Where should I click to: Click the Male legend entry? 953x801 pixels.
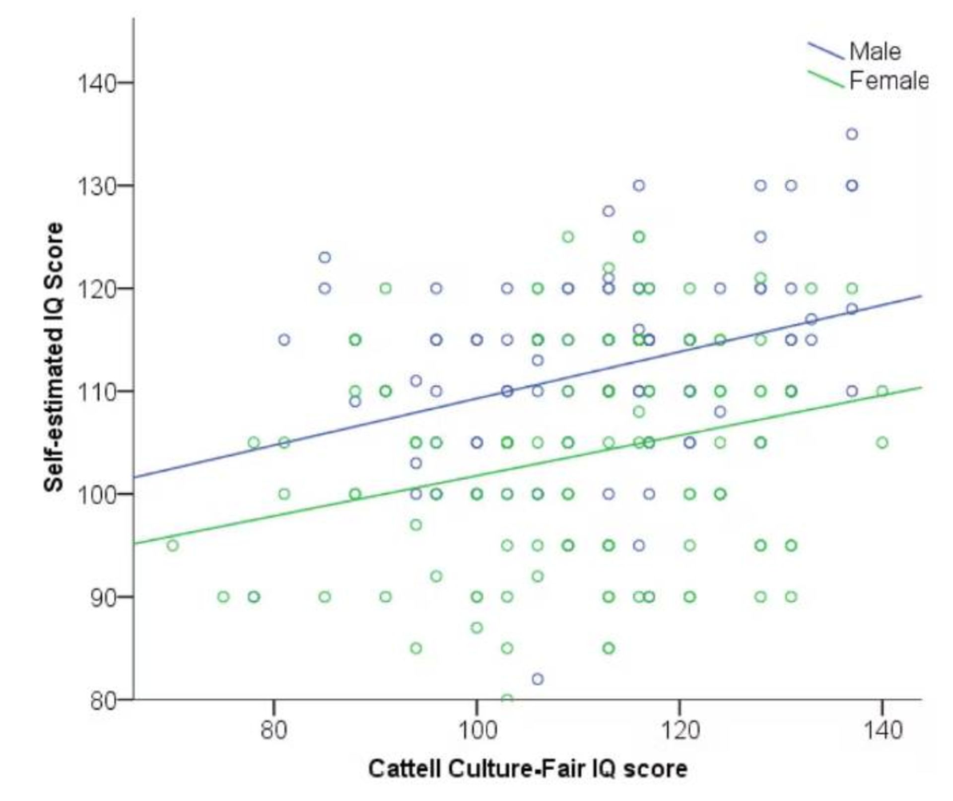[875, 52]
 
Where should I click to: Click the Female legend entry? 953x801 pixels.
[888, 80]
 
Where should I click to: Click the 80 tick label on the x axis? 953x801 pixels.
[274, 730]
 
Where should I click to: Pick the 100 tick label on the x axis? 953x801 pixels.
[476, 730]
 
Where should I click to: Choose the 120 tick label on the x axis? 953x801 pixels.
[679, 730]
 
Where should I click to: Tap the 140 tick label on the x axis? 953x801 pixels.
[882, 730]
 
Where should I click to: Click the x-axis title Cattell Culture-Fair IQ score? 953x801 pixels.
[528, 769]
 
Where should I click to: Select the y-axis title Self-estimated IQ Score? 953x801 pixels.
[54, 357]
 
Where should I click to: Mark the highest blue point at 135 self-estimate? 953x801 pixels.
[852, 134]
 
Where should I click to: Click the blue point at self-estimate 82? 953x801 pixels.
[538, 679]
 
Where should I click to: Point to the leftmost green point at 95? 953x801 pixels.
[172, 546]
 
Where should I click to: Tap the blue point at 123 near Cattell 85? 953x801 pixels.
[325, 257]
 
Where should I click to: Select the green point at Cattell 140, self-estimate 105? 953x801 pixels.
[882, 442]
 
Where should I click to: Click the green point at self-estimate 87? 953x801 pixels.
[476, 628]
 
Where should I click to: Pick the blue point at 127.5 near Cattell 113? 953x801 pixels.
[609, 211]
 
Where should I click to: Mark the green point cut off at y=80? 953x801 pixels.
[507, 698]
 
